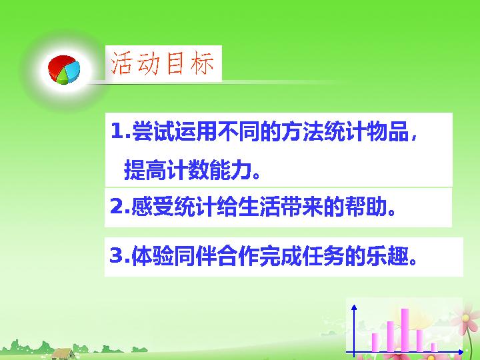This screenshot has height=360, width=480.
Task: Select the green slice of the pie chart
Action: pyautogui.click(x=63, y=77)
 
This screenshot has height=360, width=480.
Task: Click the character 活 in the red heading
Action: pyautogui.click(x=120, y=63)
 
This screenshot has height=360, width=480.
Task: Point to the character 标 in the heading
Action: pyautogui.click(x=202, y=63)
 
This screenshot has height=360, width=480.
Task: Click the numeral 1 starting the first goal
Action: pyautogui.click(x=116, y=131)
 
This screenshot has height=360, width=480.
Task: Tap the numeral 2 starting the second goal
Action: pyautogui.click(x=116, y=207)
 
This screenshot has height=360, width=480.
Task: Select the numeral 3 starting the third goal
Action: pyautogui.click(x=116, y=255)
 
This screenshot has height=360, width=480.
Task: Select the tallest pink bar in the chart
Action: pyautogui.click(x=405, y=330)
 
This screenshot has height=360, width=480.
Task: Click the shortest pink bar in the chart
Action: pyautogui.click(x=434, y=347)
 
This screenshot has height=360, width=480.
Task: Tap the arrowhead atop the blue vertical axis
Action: pyautogui.click(x=354, y=307)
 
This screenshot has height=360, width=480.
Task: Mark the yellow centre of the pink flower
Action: pyautogui.click(x=465, y=318)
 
